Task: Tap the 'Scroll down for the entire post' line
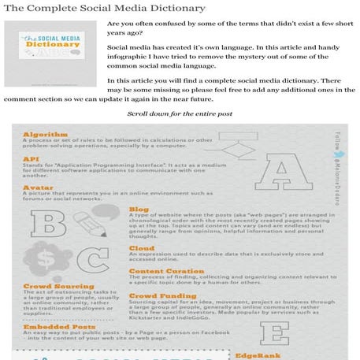click(x=179, y=114)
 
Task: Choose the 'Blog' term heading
click(x=138, y=210)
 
